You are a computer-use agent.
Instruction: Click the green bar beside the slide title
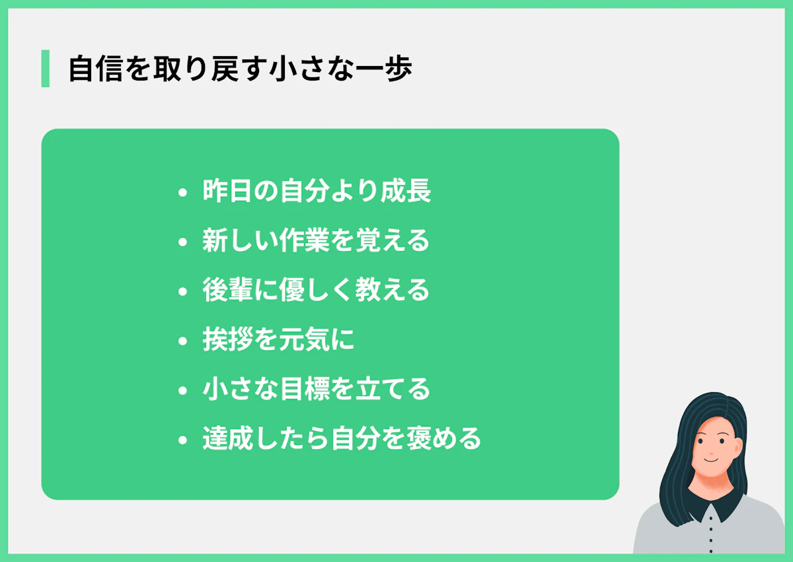(45, 69)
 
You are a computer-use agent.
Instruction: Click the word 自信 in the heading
(90, 69)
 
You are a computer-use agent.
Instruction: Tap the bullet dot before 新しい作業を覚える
(183, 242)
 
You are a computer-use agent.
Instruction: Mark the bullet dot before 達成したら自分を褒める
(183, 440)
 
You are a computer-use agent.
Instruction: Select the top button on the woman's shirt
(710, 517)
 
